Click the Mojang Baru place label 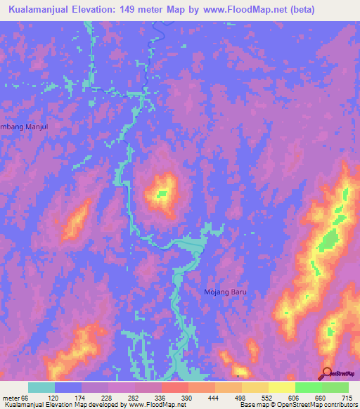click(226, 292)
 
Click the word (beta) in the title click(298, 10)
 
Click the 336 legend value click(160, 398)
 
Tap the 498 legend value click(240, 398)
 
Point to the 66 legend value click(25, 398)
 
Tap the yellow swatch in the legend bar click(281, 387)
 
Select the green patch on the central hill click(163, 193)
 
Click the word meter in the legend click(11, 398)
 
